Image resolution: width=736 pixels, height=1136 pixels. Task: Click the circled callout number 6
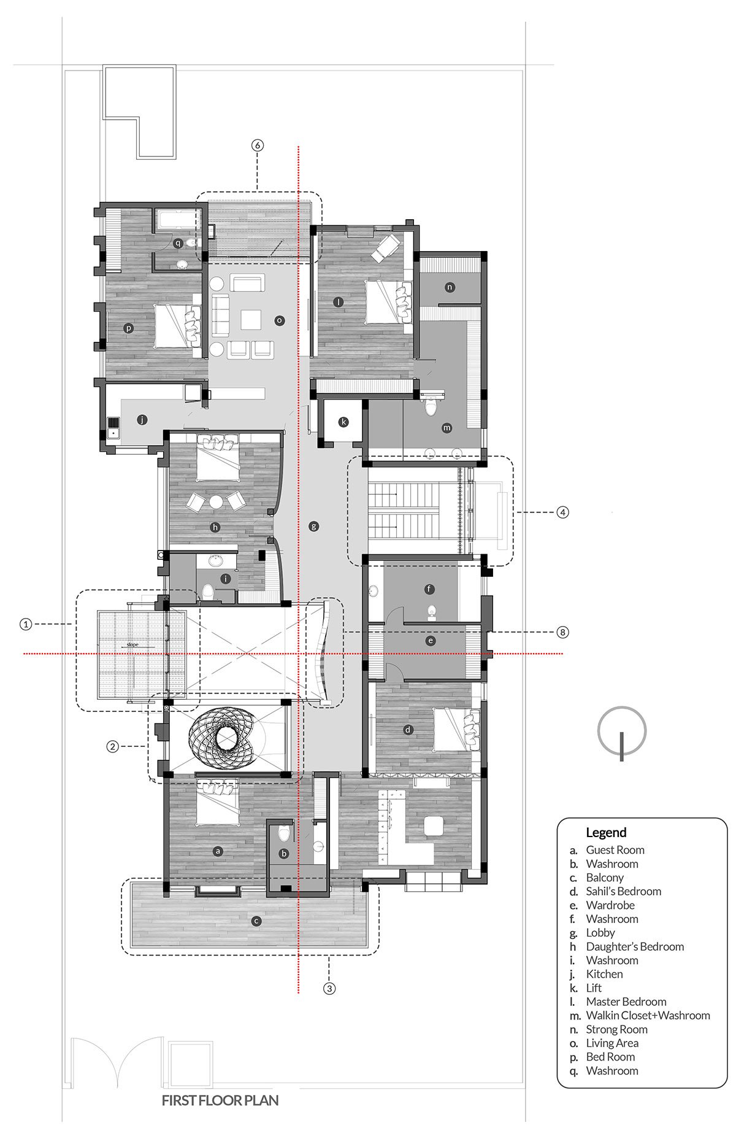coord(258,145)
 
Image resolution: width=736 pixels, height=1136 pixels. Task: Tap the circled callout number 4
coord(562,511)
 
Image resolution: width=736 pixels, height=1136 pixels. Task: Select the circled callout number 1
coord(25,624)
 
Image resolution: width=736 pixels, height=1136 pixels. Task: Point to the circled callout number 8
coord(562,632)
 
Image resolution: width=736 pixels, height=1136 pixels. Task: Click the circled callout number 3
coord(329,988)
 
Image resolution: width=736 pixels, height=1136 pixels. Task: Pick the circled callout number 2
coord(112,746)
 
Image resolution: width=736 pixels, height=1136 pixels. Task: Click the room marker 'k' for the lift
coord(343,422)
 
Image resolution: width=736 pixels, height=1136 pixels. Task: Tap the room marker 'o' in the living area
coord(279,320)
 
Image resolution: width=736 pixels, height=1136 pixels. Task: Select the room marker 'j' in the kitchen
coord(142,420)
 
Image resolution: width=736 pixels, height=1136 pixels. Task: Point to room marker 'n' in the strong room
coord(450,287)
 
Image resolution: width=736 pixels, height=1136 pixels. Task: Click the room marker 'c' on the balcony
coord(256,921)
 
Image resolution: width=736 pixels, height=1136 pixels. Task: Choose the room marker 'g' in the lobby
coord(314,526)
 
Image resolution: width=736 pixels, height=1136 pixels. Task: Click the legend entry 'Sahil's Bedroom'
coord(623,891)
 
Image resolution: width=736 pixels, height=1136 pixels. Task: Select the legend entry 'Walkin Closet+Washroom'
coord(648,1015)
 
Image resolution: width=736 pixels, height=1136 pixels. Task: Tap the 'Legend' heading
coord(606,832)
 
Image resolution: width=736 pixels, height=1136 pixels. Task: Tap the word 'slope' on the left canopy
coord(131,645)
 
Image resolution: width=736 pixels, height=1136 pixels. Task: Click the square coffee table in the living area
coord(251,320)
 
